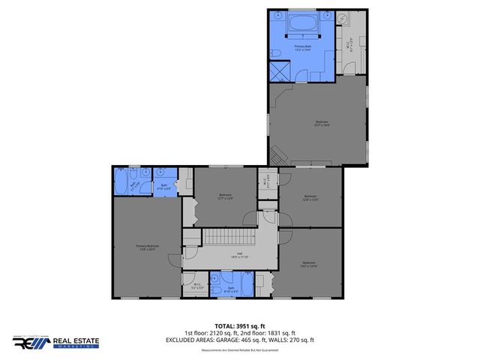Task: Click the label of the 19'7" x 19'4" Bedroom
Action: click(321, 124)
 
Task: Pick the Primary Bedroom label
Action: click(147, 247)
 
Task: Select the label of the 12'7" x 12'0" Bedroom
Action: click(225, 197)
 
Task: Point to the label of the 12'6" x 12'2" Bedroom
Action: click(310, 199)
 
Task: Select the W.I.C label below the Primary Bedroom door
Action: click(196, 286)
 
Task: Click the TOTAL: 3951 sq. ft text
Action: click(241, 325)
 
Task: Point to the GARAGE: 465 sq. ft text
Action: click(241, 340)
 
